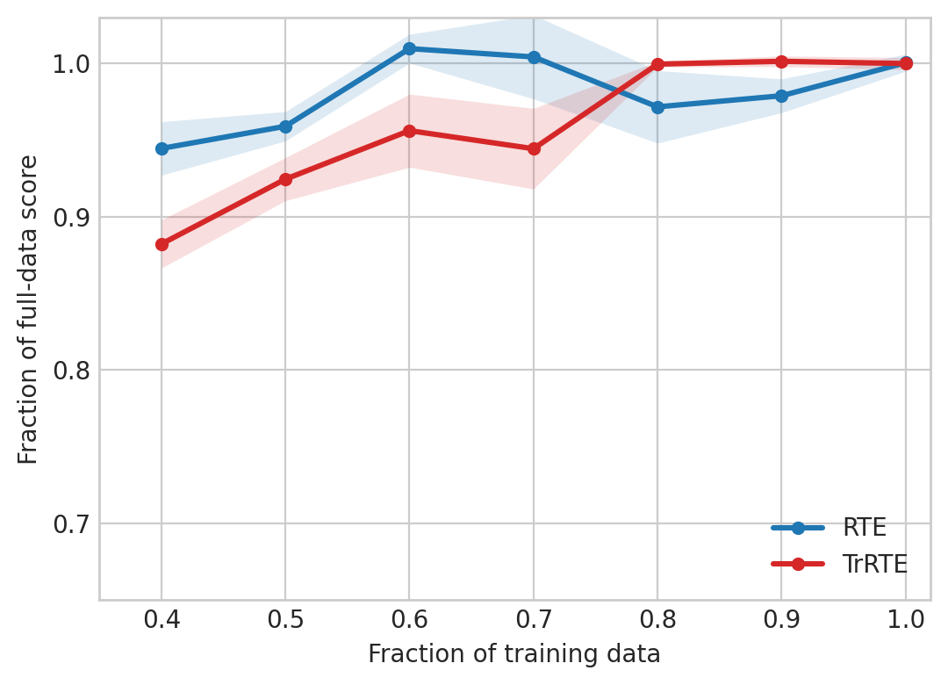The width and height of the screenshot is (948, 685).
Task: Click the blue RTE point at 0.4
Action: pyautogui.click(x=162, y=148)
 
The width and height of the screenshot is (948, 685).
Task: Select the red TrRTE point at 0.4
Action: pyautogui.click(x=162, y=244)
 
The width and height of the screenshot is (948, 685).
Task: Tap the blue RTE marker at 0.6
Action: pyautogui.click(x=409, y=48)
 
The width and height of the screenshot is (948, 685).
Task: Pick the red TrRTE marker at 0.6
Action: pyautogui.click(x=409, y=131)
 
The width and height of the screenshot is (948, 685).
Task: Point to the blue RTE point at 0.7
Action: pyautogui.click(x=534, y=57)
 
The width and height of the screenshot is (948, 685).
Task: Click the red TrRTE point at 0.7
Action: pyautogui.click(x=534, y=148)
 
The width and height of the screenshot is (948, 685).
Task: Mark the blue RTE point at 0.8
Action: pyautogui.click(x=657, y=107)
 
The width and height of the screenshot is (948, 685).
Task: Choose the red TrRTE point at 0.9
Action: pyautogui.click(x=781, y=61)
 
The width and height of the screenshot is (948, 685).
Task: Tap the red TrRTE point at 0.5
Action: pyautogui.click(x=285, y=179)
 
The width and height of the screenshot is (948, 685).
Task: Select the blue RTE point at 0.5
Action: pyautogui.click(x=285, y=126)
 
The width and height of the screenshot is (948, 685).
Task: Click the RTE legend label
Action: pyautogui.click(x=865, y=528)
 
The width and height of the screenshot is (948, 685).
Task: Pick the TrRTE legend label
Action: pyautogui.click(x=874, y=564)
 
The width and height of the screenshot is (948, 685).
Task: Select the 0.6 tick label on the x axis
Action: pyautogui.click(x=409, y=622)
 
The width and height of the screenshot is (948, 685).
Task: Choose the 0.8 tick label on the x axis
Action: pyautogui.click(x=657, y=622)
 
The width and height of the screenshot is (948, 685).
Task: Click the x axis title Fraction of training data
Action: pyautogui.click(x=513, y=654)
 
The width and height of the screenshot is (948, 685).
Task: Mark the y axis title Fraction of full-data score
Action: pyautogui.click(x=29, y=309)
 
